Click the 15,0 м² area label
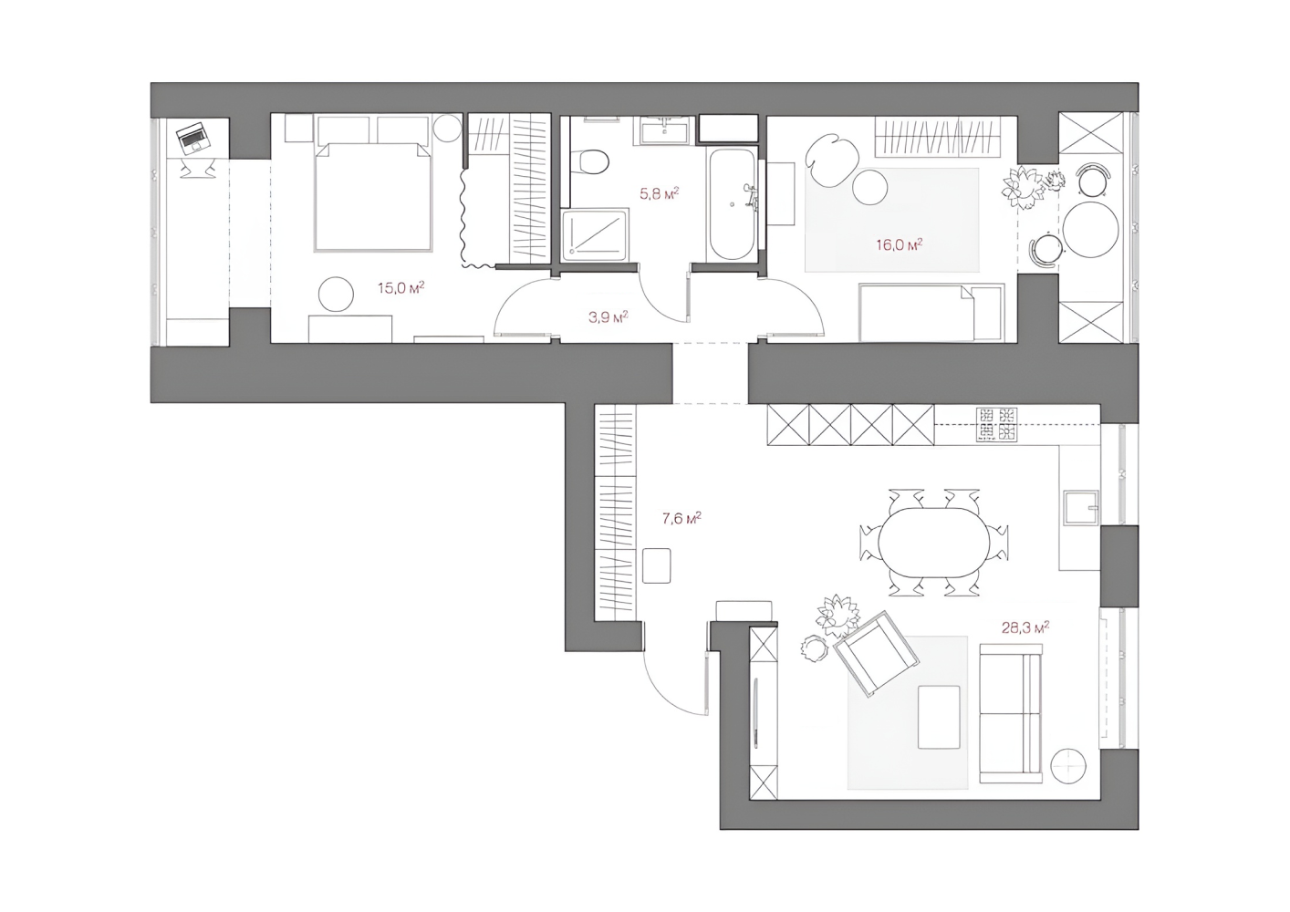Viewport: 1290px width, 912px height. point(401,287)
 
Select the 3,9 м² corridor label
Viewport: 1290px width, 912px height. point(609,316)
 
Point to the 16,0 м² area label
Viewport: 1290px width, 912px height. point(900,244)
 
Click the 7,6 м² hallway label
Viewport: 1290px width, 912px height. point(681,518)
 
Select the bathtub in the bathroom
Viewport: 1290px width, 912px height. point(732,204)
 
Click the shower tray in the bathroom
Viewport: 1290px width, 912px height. point(595,235)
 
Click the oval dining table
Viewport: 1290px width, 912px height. point(933,543)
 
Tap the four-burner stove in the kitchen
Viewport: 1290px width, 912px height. point(996,424)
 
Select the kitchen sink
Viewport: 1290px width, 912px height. point(1081,507)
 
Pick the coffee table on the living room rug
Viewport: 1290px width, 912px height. point(939,717)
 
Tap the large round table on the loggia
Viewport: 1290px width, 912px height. point(1091,229)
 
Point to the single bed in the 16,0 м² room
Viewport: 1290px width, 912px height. point(931,312)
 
